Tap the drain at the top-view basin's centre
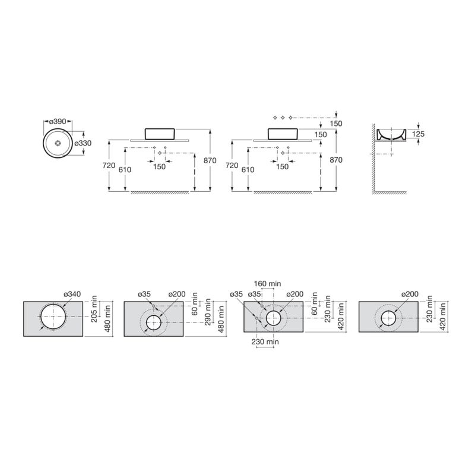(58, 143)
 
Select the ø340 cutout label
(71, 294)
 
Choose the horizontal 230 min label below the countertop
(265, 343)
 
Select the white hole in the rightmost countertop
(389, 319)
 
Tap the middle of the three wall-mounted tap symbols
(283, 116)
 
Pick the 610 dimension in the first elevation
(126, 169)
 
